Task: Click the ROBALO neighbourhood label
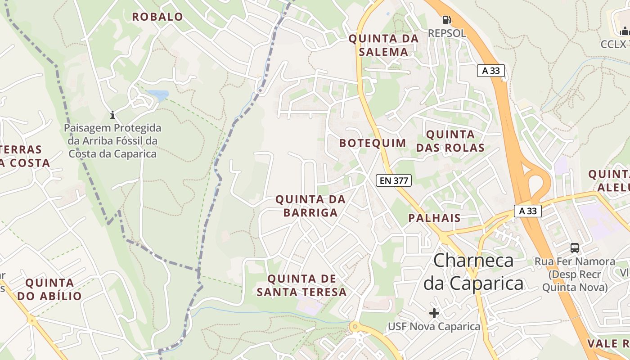[x=157, y=17]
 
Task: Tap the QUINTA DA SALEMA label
[x=384, y=45]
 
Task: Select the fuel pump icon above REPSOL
[x=446, y=20]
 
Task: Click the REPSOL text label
[x=446, y=33]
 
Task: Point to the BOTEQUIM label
[x=373, y=143]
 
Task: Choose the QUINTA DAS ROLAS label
[x=450, y=141]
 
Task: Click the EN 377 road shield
[x=394, y=181]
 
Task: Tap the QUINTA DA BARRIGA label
[x=310, y=206]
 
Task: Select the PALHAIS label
[x=434, y=218]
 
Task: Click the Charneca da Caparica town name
[x=474, y=272]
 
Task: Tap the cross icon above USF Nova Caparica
[x=434, y=313]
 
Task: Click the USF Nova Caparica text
[x=434, y=326]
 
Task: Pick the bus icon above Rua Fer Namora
[x=575, y=247]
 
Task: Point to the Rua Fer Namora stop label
[x=575, y=274]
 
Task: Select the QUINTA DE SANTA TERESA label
[x=301, y=285]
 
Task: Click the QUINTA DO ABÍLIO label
[x=49, y=289]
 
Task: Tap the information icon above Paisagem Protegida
[x=112, y=115]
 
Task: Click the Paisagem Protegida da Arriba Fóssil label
[x=112, y=141]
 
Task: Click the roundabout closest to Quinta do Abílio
[x=31, y=320]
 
